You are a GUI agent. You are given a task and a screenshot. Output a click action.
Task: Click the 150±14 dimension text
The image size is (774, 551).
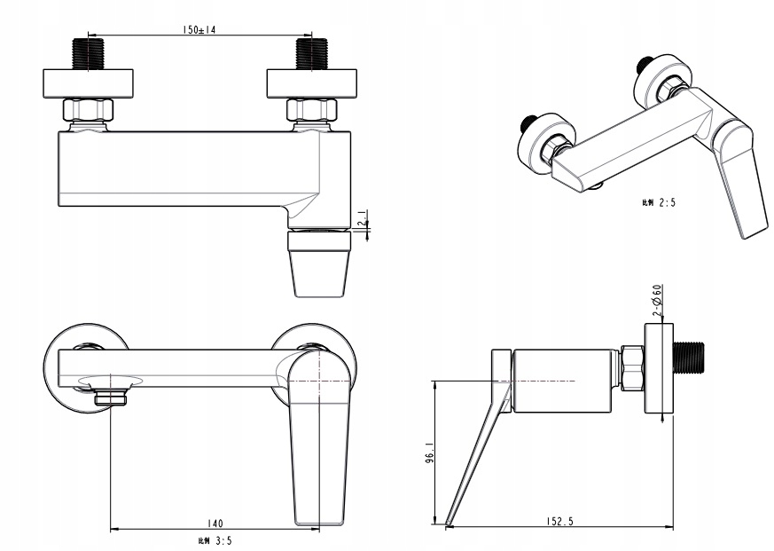point(200,29)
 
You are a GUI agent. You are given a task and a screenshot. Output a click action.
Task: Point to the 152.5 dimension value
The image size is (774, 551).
point(557,523)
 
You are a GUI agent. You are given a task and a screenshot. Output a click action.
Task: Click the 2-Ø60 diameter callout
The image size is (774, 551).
point(657,301)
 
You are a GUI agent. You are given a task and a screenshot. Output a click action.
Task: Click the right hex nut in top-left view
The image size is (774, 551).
point(311,110)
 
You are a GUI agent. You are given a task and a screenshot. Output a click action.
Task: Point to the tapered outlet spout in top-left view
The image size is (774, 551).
point(319,266)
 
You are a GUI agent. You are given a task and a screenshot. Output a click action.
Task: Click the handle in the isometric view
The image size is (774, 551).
point(743,182)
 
